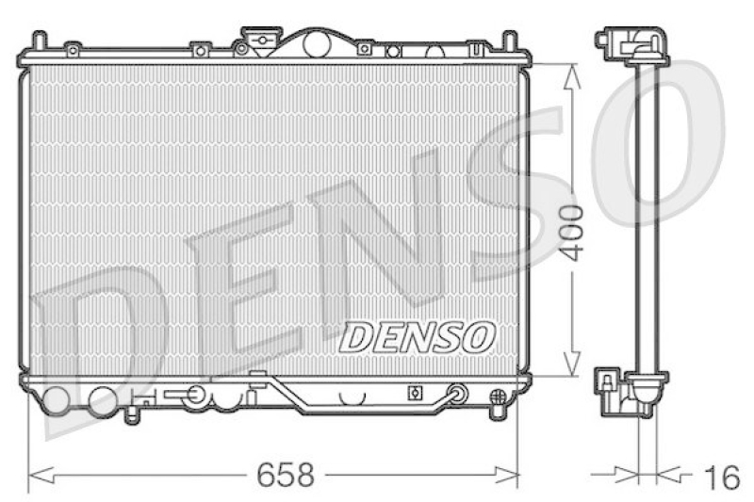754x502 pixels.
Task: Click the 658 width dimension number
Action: coord(285,474)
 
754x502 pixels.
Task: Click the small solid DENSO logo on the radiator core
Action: coord(417,336)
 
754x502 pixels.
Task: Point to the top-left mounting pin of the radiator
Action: coord(39,41)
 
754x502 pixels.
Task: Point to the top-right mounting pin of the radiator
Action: coord(509,41)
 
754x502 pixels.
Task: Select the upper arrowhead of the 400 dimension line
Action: coord(571,73)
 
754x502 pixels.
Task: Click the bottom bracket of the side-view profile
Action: coord(629,393)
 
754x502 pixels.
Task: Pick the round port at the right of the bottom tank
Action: coord(458,394)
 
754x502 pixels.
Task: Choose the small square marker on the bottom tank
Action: coord(411,393)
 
